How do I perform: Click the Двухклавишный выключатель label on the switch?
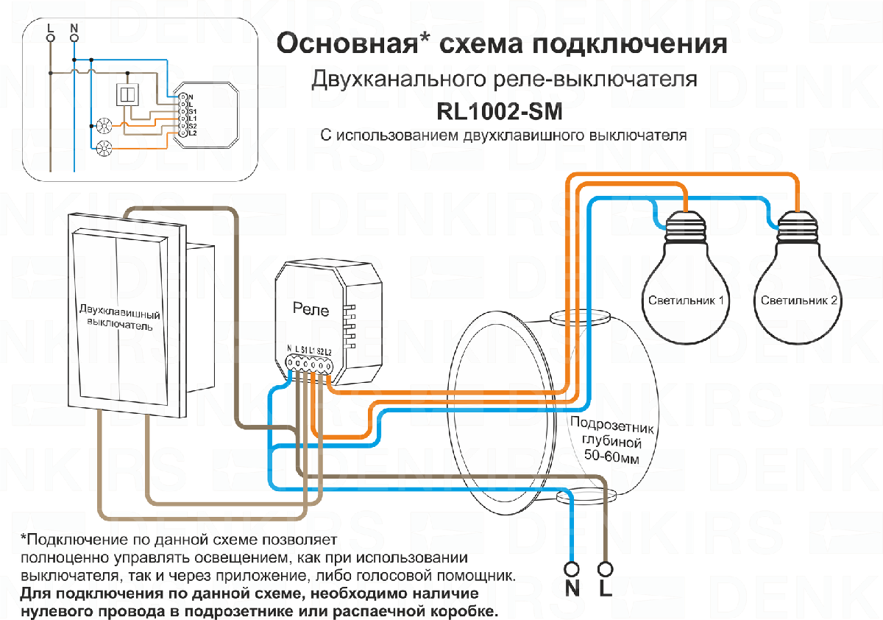[x=120, y=317]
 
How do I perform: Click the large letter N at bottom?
[x=572, y=589]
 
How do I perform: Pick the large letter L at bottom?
[x=606, y=589]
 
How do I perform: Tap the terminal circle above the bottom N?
[x=572, y=569]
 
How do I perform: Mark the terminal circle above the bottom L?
[x=606, y=569]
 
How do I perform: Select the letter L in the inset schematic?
[x=50, y=28]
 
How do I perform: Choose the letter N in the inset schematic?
[x=74, y=28]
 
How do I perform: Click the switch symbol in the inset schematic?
[x=126, y=94]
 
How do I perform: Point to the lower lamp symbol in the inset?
[x=102, y=147]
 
